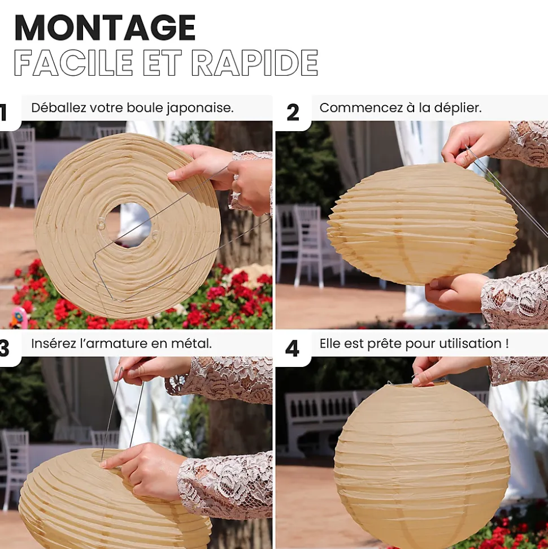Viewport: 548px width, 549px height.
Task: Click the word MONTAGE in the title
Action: (105, 28)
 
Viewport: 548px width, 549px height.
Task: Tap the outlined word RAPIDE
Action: (255, 63)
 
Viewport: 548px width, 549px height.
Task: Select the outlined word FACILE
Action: (73, 63)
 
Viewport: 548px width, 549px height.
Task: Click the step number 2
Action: (293, 113)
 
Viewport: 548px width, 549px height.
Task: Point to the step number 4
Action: (292, 349)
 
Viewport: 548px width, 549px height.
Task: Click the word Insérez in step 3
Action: (54, 343)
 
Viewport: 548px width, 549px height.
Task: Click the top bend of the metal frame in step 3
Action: (121, 370)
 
